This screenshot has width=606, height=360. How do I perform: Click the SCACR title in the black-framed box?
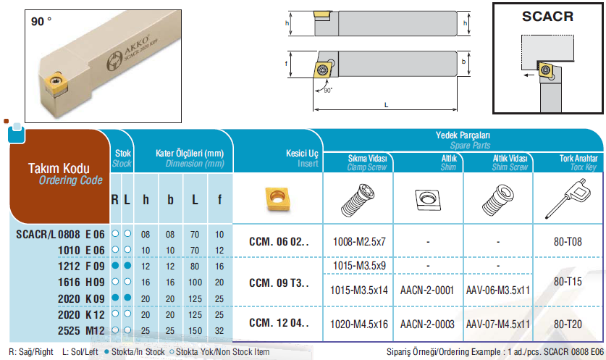(547, 17)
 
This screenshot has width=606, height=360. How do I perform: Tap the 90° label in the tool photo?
(41, 21)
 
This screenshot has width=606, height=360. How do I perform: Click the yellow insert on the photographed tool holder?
(56, 83)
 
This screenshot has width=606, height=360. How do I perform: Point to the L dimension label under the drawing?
(386, 105)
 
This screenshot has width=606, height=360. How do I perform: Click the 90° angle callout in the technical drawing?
(328, 91)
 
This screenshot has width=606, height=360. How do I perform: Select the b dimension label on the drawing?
(464, 62)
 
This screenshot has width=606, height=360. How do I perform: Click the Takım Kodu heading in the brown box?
(59, 168)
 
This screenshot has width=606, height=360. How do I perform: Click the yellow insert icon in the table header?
(278, 198)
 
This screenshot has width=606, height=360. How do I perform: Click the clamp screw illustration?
(358, 199)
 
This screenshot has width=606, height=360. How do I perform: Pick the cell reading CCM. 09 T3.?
(279, 283)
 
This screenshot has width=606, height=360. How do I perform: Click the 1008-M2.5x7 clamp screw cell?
(359, 242)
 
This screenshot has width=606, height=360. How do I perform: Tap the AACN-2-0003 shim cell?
(427, 324)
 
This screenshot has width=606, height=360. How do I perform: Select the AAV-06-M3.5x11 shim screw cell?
(498, 290)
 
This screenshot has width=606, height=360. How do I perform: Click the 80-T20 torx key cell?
(568, 324)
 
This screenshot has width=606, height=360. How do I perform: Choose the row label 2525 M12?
(81, 331)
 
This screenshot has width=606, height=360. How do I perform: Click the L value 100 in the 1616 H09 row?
(195, 282)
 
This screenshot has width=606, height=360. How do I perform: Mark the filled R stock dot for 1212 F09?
(115, 266)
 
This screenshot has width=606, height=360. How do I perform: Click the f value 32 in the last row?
(219, 331)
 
